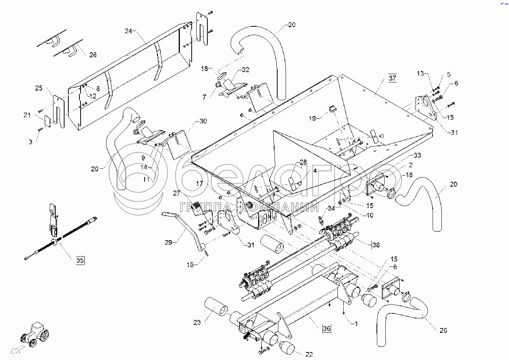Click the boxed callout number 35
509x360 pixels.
80,260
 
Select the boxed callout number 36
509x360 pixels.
326,328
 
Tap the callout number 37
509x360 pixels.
393,78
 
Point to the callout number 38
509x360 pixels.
376,245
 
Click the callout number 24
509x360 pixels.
128,31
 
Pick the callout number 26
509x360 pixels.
93,55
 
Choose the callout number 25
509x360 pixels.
39,88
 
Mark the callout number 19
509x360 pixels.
312,118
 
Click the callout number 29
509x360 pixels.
168,242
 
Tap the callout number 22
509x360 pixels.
309,354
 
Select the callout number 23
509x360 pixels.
197,323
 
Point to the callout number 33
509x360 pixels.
417,155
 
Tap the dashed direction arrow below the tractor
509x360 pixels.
18,349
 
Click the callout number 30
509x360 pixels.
203,121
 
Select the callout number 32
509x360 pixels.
246,69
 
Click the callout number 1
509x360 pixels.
356,324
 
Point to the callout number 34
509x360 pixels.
331,208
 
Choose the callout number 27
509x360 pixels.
176,193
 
